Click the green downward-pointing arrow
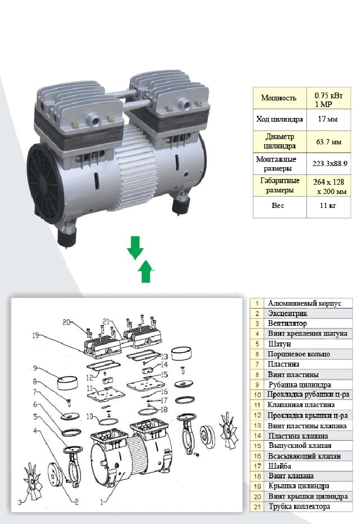(x=135, y=247)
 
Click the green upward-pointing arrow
(x=146, y=271)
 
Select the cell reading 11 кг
(x=328, y=205)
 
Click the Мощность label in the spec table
(x=279, y=98)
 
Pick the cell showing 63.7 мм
(x=329, y=142)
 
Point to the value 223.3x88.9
(x=330, y=163)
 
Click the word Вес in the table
(x=278, y=205)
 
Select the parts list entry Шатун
(x=279, y=344)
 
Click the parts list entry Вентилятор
(x=287, y=323)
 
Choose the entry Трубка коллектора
(x=299, y=506)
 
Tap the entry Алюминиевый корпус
(x=305, y=303)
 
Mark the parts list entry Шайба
(x=279, y=466)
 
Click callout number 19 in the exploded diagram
(x=36, y=335)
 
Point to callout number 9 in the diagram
(x=35, y=368)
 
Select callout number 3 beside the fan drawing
(x=20, y=502)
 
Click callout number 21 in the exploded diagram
(x=106, y=321)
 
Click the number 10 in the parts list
(x=257, y=395)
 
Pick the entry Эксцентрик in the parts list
(x=288, y=313)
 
